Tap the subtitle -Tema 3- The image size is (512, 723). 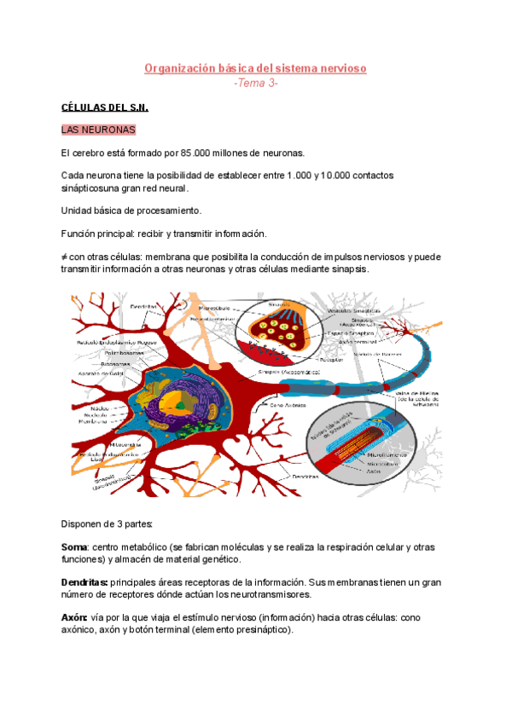256,84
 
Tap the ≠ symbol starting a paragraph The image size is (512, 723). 65,256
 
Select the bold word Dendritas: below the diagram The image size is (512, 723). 84,581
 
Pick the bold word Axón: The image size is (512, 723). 74,616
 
